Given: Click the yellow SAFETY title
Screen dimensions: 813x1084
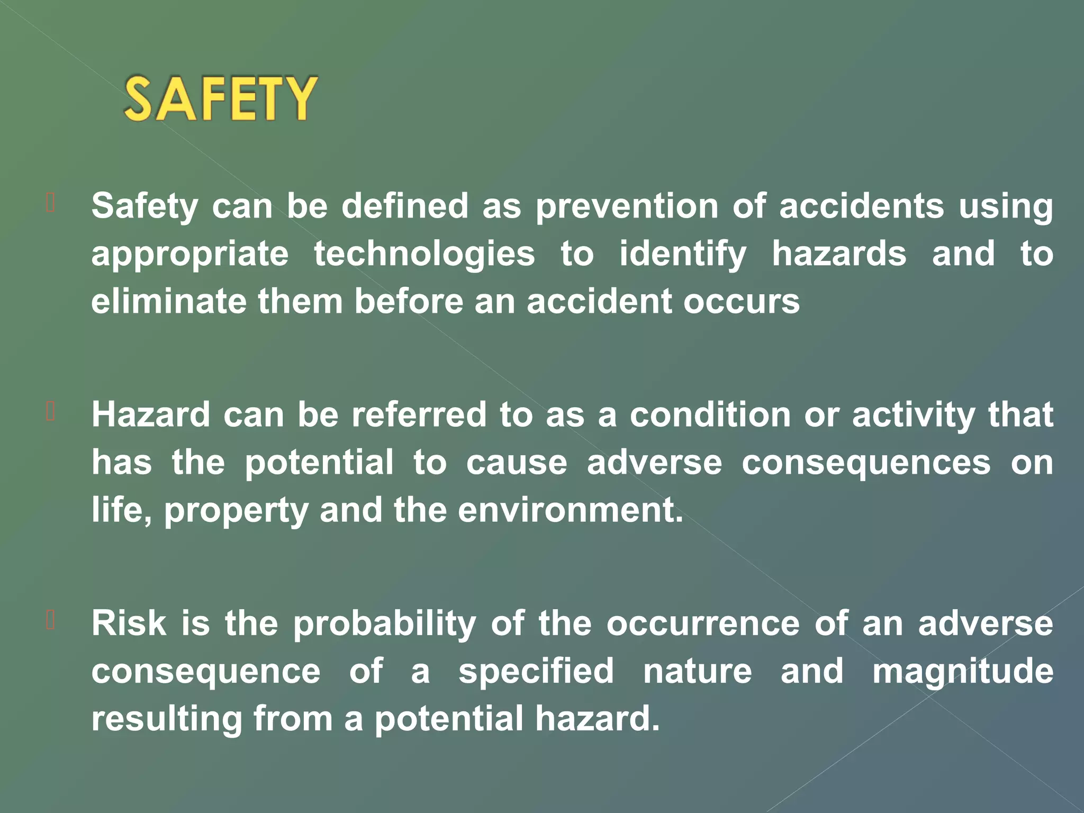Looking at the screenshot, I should pos(221,98).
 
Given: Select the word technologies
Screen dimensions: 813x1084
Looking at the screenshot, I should pos(424,254).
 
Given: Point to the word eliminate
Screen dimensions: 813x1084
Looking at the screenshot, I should pos(169,302).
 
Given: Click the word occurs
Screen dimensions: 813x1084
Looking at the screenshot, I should pos(741,302).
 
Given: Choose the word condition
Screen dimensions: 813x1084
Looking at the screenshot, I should pos(710,414).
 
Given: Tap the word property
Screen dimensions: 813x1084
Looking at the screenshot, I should pos(236,511).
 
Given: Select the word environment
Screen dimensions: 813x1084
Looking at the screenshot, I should pos(570,510).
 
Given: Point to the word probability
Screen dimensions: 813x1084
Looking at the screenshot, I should pos(385,624).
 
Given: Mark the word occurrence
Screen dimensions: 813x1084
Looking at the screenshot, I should pos(703,624).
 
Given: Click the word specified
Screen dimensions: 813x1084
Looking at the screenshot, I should pos(536,672).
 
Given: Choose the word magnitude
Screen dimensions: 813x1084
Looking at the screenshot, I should pos(963,672).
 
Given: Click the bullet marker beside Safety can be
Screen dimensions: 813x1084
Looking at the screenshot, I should pos(51,203).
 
